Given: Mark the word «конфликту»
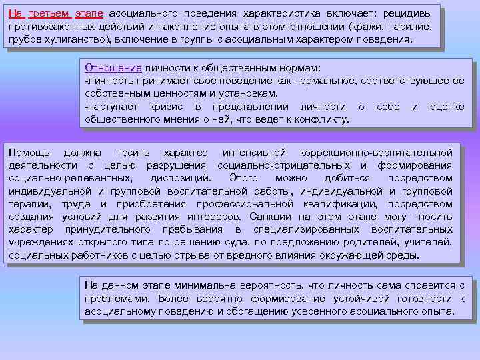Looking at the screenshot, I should coord(319,120).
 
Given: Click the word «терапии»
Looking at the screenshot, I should coord(29,204).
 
